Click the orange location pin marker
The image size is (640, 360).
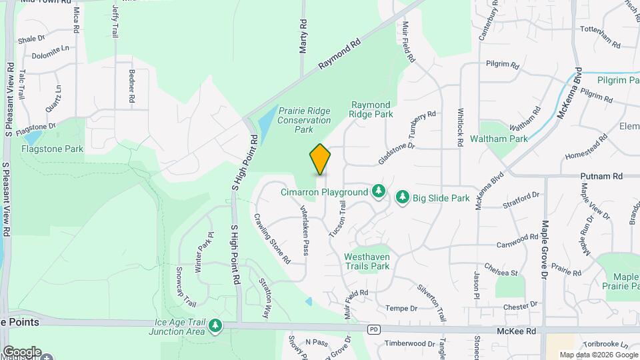coord(321,159)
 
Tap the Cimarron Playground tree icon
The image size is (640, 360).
coord(379,192)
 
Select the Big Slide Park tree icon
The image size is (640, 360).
coord(402,198)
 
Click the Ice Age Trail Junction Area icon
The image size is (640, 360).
coord(215,326)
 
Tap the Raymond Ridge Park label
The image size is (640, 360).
coord(371,109)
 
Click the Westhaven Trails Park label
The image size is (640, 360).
coord(367,261)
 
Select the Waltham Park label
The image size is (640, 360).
coord(499,139)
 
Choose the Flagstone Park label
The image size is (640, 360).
coord(52,149)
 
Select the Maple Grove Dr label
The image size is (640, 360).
coord(545,249)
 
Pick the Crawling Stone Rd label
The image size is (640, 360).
coord(272,237)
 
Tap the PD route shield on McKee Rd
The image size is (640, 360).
coord(374,330)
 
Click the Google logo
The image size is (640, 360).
coord(22,351)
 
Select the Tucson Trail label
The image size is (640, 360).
coord(337,219)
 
